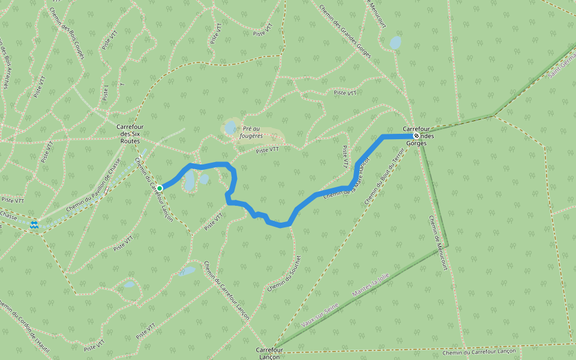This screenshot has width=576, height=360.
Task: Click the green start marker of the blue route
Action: click(x=160, y=188)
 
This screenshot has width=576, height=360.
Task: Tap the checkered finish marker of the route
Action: click(x=416, y=136)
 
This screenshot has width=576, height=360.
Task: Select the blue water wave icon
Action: click(x=34, y=225)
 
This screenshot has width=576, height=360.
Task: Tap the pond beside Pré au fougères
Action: click(x=230, y=127)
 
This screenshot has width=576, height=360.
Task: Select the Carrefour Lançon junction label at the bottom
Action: click(x=269, y=353)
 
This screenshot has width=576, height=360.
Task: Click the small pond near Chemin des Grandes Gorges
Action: click(x=395, y=43)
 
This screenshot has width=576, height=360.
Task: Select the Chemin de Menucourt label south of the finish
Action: click(x=439, y=243)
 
